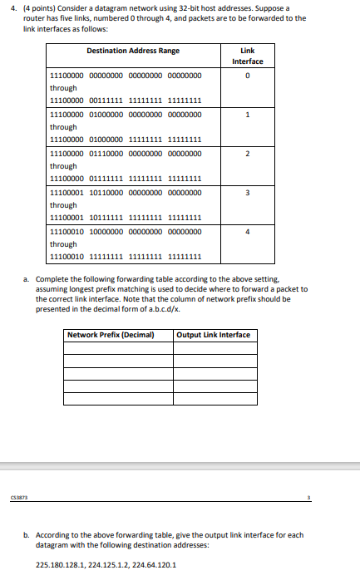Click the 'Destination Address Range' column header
pyautogui.click(x=133, y=51)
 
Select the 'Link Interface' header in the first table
pyautogui.click(x=248, y=56)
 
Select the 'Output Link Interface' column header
pyautogui.click(x=214, y=335)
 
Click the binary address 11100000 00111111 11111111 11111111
pyautogui.click(x=126, y=101)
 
